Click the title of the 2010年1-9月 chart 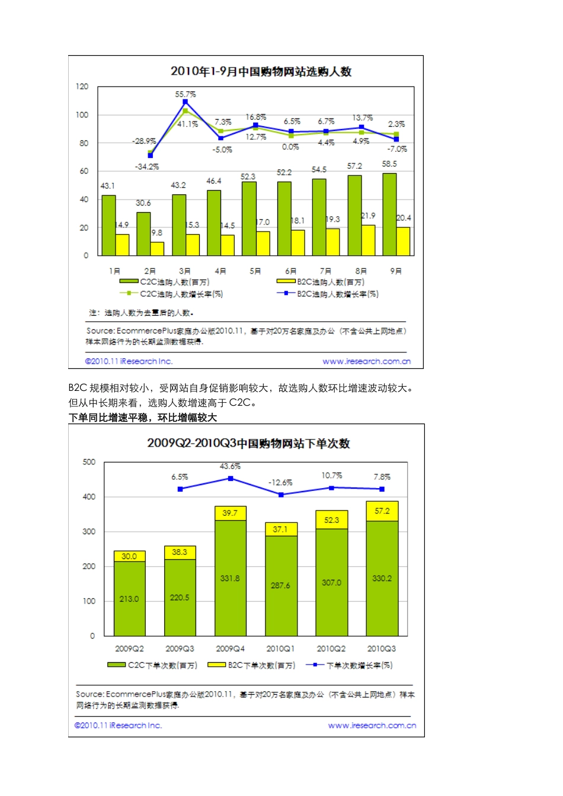(x=261, y=72)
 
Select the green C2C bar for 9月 (x=389, y=214)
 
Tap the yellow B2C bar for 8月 (x=369, y=240)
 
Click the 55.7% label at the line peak (x=185, y=94)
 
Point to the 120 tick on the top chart (x=82, y=86)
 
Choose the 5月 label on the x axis (x=255, y=271)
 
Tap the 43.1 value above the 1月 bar (x=107, y=186)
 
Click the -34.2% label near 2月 (x=146, y=166)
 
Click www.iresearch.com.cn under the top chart (x=366, y=361)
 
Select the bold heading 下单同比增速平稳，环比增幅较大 (x=143, y=418)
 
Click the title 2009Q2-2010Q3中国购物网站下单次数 (x=248, y=444)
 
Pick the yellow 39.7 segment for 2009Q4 (x=230, y=513)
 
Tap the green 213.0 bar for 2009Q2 (x=129, y=598)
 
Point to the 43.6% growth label (x=230, y=467)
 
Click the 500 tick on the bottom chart (x=89, y=462)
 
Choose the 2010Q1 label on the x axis (x=280, y=649)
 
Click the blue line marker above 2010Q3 (x=382, y=489)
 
